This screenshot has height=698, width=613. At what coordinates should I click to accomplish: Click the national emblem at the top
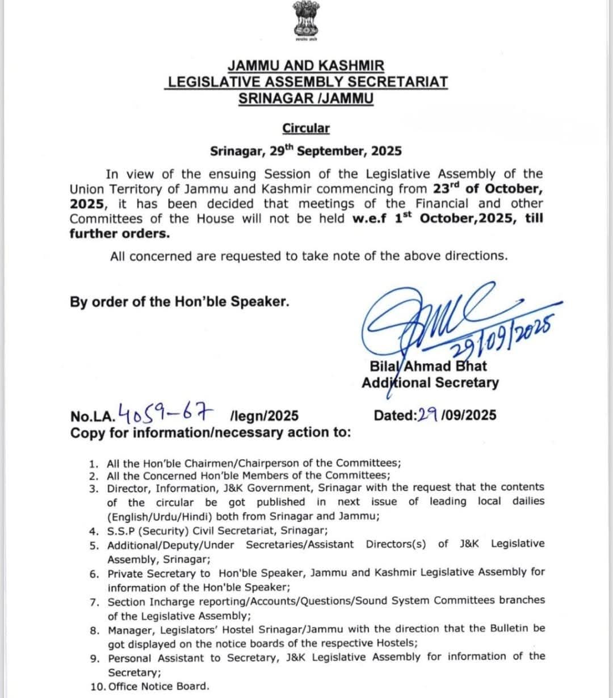click(306, 20)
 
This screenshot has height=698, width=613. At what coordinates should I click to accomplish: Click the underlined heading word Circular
click(306, 128)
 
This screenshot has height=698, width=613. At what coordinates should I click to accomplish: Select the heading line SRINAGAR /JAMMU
click(306, 98)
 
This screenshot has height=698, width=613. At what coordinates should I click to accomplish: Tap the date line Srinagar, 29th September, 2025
click(306, 151)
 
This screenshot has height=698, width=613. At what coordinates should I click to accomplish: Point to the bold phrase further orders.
click(120, 233)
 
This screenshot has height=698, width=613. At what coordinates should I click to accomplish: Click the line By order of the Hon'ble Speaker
click(179, 301)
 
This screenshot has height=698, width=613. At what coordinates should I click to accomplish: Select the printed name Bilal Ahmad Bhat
click(428, 366)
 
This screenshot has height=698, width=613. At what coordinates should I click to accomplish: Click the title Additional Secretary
click(430, 382)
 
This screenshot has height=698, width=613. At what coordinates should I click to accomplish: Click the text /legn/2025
click(264, 416)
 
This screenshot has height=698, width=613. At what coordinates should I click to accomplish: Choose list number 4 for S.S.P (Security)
click(94, 531)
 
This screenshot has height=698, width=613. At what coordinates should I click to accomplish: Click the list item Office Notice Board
click(158, 686)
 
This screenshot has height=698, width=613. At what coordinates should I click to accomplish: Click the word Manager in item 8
click(129, 629)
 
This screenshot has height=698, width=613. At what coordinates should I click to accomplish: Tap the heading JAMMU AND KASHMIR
click(306, 66)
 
